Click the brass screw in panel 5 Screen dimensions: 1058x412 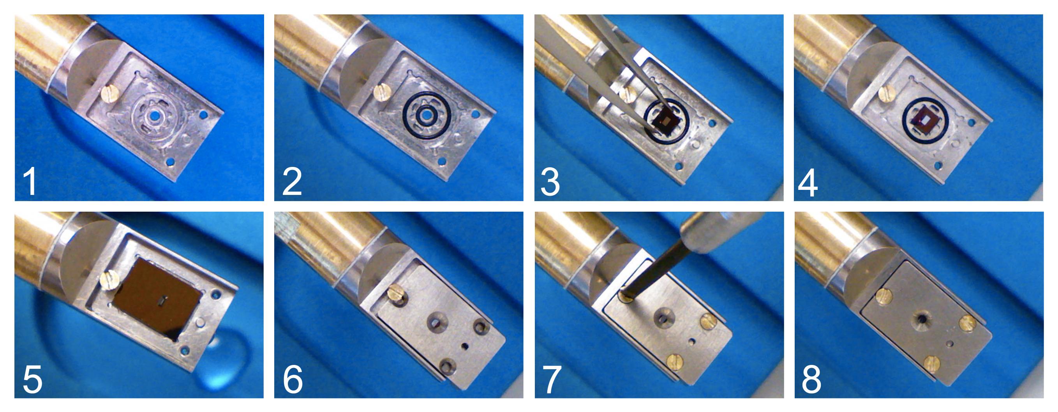pos(110,282)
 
